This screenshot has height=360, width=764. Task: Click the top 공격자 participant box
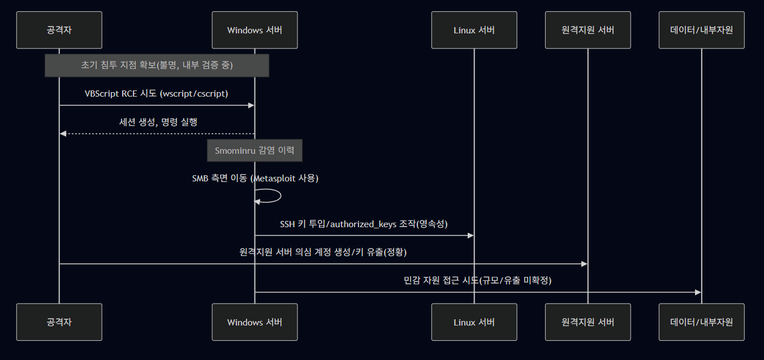pos(59,30)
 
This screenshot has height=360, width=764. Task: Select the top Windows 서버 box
pos(254,30)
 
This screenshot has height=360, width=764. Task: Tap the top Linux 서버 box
pos(474,30)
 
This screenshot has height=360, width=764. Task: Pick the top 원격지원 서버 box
pos(588,30)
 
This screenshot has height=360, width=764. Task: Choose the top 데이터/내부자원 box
pos(701,30)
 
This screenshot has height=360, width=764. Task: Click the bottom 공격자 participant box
pos(59,322)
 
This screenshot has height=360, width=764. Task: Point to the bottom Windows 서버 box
pos(254,322)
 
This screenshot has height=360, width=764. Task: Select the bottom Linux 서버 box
pos(474,322)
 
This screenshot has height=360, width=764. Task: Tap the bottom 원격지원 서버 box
pos(588,322)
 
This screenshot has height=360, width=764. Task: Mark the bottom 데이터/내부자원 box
pos(701,322)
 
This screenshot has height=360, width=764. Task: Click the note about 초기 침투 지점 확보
pos(157,66)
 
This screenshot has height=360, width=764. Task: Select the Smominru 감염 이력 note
pos(254,151)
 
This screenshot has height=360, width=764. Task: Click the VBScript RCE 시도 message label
pos(157,94)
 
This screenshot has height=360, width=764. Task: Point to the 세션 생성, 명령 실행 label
pos(158,122)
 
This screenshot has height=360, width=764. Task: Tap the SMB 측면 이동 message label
pos(255,179)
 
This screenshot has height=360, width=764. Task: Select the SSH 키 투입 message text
pos(364,224)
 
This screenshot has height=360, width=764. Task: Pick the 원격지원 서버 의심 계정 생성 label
pos(323,253)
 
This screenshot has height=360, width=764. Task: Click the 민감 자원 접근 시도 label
pos(477,281)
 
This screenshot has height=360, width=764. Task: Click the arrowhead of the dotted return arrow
pos(63,133)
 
